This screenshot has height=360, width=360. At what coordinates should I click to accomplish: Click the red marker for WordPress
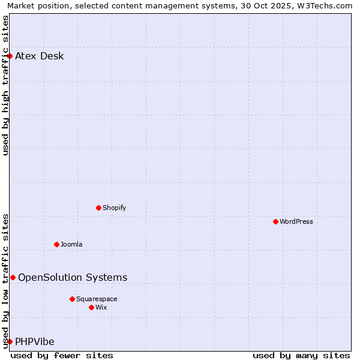[275, 221]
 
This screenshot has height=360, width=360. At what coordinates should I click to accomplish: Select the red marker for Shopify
[98, 208]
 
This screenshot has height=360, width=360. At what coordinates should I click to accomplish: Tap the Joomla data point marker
[56, 244]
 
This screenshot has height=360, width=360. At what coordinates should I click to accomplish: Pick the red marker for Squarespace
[72, 299]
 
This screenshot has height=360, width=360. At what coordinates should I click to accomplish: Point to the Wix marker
[91, 307]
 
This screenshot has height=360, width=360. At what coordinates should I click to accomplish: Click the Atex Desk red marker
[10, 56]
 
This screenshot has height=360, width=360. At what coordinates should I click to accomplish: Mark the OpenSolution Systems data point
[13, 277]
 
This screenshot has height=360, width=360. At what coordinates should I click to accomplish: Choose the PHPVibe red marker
[10, 341]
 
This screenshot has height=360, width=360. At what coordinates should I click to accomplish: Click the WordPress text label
[296, 221]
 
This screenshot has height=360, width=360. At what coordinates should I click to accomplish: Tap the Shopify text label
[115, 208]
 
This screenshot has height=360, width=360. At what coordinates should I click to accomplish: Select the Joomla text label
[71, 244]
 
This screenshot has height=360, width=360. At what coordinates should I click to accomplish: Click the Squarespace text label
[97, 299]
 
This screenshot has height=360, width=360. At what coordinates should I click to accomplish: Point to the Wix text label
[101, 307]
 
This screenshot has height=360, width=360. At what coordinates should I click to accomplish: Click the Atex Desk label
[40, 56]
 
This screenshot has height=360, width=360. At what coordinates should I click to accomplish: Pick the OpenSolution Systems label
[73, 277]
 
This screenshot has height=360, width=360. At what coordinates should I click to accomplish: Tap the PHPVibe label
[35, 342]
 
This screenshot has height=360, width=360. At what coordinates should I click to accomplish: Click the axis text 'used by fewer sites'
[62, 355]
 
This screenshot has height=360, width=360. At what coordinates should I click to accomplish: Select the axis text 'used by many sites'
[301, 355]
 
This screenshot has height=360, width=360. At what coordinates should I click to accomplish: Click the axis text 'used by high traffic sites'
[5, 85]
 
